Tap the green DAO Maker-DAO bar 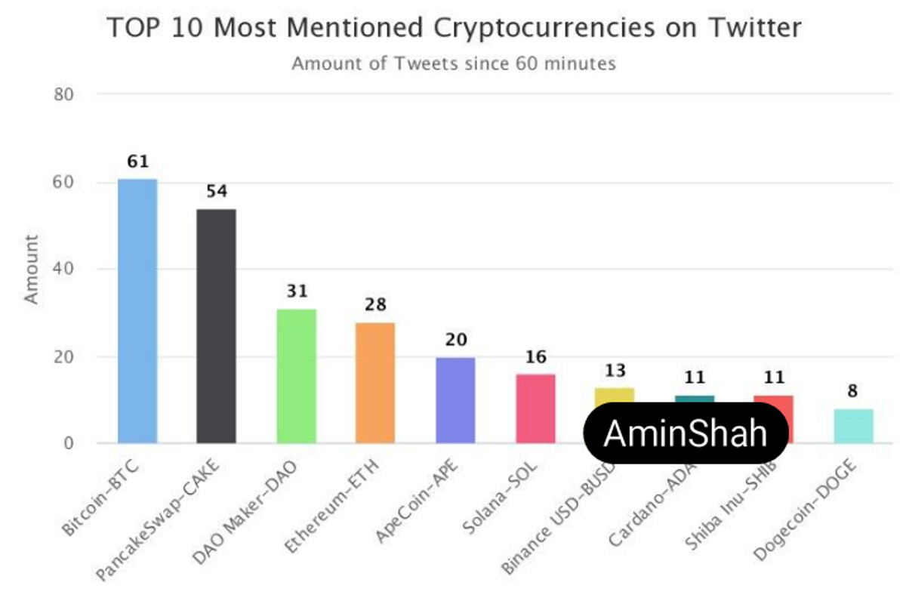tap(296, 376)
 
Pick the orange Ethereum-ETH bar tap(375, 383)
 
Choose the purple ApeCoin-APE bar tap(455, 400)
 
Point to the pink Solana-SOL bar tap(535, 408)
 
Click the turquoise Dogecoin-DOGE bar tap(853, 426)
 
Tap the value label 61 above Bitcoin tap(138, 162)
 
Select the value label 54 tap(217, 192)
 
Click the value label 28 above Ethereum tap(375, 305)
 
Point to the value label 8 tap(853, 391)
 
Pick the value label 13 tap(615, 371)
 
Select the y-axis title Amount tap(31, 270)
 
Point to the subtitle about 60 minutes tap(454, 63)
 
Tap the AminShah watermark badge tap(686, 433)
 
